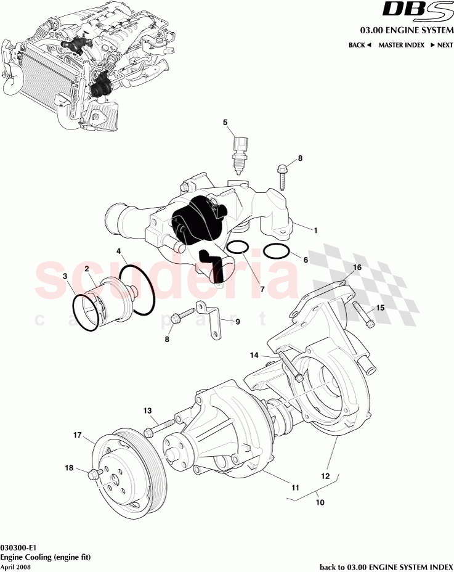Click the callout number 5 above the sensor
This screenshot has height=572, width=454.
click(225, 122)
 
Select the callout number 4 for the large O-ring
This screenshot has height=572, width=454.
click(120, 251)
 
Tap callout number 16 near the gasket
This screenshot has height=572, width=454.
click(357, 267)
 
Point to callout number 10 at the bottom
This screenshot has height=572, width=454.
click(320, 502)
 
